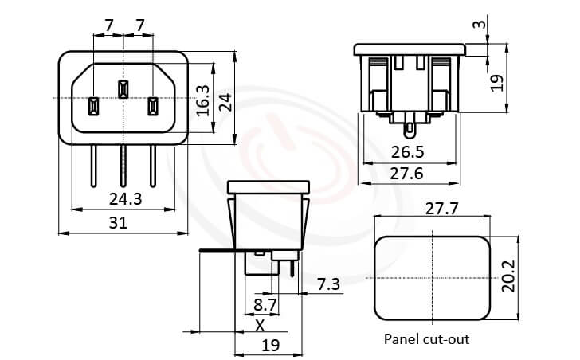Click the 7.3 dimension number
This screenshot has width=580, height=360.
(328, 284)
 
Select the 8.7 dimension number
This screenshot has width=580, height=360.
(265, 305)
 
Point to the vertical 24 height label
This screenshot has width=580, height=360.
(225, 101)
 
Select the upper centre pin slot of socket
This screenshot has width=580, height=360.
(123, 89)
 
